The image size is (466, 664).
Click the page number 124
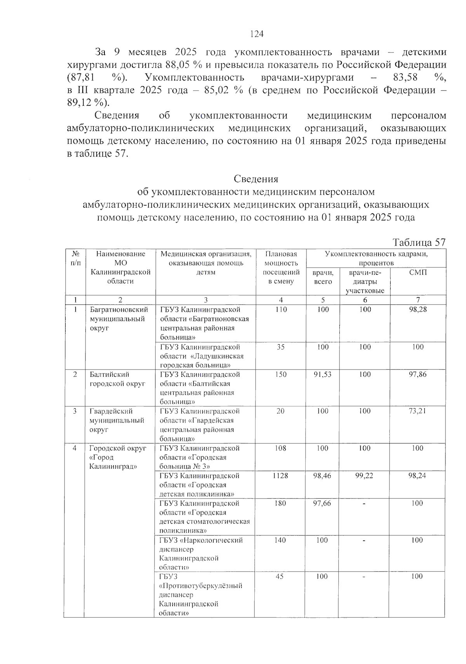click(257, 34)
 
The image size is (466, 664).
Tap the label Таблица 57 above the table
click(419, 242)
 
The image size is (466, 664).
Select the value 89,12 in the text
click(80, 103)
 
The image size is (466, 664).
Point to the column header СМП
click(418, 272)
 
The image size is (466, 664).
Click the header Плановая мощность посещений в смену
click(281, 268)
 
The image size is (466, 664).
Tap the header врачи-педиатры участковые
click(365, 281)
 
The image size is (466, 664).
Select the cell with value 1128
click(280, 476)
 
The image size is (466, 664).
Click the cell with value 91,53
click(322, 375)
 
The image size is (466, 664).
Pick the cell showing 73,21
click(417, 411)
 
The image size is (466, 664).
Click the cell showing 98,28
click(418, 310)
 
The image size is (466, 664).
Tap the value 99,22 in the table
click(364, 476)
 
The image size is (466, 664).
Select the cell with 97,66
click(322, 503)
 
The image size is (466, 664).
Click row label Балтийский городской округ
click(117, 379)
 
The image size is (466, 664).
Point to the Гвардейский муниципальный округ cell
click(116, 420)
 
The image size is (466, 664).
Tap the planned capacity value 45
click(280, 577)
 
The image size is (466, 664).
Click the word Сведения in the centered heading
click(256, 179)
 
